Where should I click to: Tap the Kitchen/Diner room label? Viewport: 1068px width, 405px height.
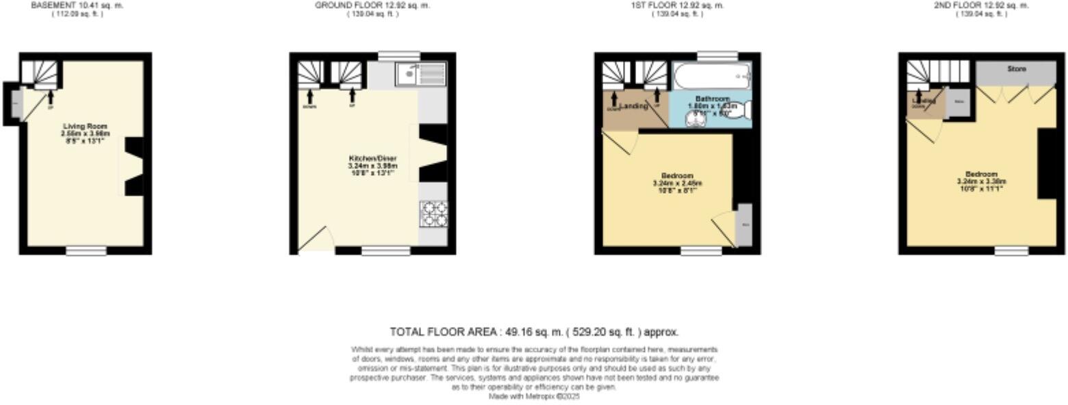tap(373, 159)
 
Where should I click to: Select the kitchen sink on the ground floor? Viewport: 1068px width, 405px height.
tap(420, 73)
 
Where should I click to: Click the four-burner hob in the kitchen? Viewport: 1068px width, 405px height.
tap(433, 213)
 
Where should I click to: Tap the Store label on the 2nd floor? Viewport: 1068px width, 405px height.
tap(1017, 69)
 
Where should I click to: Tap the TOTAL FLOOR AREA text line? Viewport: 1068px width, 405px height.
tap(534, 332)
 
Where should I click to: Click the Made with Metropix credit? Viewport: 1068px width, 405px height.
tap(534, 396)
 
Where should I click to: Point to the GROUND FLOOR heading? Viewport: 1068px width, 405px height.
tap(372, 5)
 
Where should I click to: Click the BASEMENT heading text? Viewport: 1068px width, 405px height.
tap(77, 5)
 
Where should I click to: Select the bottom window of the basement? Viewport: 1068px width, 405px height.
tap(86, 251)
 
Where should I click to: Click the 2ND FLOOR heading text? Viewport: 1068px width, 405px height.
tap(981, 5)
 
